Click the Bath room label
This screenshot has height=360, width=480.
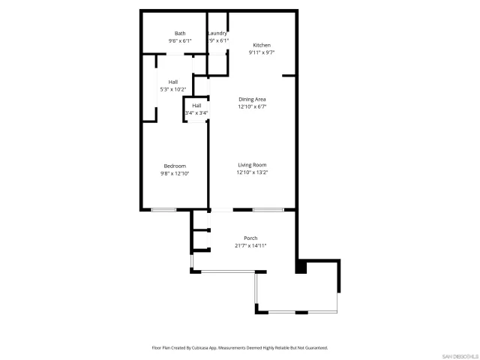(180, 33)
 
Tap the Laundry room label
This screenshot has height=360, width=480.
(217, 33)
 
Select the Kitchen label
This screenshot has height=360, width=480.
(262, 46)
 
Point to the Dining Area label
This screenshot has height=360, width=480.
(252, 99)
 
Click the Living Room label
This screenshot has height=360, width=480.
(252, 165)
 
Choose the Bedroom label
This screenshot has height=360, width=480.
(175, 166)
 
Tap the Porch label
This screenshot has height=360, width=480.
(250, 238)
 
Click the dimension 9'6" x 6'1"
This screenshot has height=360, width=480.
(180, 40)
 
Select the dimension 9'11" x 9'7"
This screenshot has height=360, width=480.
(262, 53)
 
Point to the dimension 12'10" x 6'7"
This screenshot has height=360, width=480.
(252, 106)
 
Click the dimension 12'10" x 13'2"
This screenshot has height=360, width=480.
(252, 172)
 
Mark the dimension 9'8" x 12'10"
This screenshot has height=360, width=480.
(175, 173)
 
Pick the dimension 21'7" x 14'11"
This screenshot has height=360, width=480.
(250, 246)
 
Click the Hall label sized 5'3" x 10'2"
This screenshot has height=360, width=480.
(172, 82)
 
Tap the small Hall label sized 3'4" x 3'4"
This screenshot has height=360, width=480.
(196, 106)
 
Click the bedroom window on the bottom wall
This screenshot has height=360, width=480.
(163, 210)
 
